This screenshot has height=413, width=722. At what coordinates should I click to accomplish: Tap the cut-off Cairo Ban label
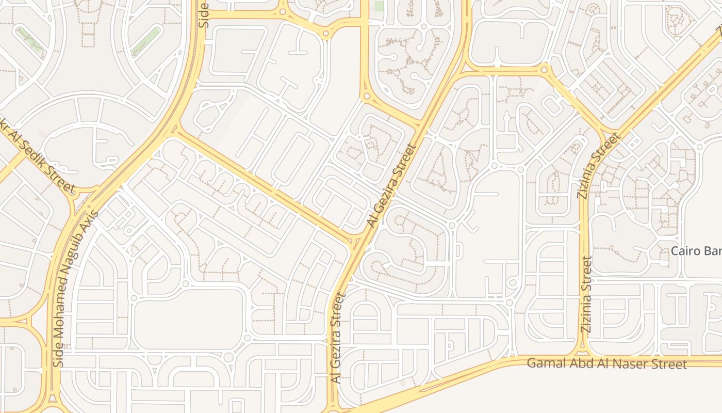click(696, 251)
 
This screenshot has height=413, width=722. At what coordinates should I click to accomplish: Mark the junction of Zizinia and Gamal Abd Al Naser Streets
click(584, 356)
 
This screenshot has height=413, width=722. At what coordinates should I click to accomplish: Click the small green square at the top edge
click(379, 6)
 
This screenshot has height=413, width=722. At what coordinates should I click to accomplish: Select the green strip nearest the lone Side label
click(145, 41)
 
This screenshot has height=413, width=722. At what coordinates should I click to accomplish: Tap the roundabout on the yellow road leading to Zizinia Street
click(545, 70)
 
